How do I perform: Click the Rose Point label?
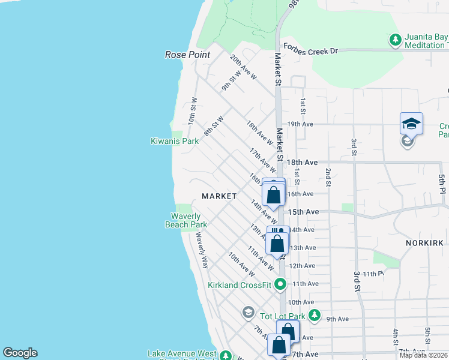point(187,55)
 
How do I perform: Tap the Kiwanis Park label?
point(174,142)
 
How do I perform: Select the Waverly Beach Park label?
point(186,220)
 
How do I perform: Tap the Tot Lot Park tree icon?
point(315,316)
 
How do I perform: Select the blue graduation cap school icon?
point(411,124)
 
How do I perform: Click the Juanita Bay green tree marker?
point(395,41)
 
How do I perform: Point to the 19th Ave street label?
point(301,124)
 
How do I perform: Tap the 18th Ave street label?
point(302,163)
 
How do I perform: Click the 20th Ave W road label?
point(243,67)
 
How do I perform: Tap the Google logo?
point(20,353)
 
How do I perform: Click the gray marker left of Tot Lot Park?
point(248,312)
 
